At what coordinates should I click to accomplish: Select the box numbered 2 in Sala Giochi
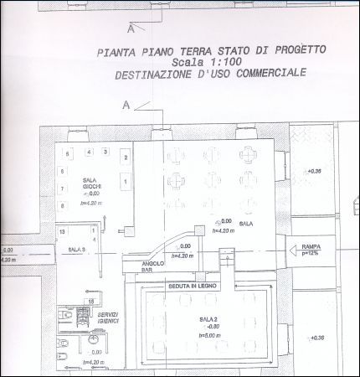click(125, 158)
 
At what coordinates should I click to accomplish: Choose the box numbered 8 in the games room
click(62, 204)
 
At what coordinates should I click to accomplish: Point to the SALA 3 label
click(77, 250)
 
